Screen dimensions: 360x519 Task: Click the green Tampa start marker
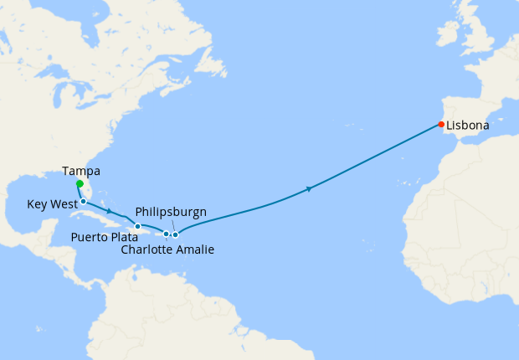(x=79, y=183)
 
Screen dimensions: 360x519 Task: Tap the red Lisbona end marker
(x=441, y=125)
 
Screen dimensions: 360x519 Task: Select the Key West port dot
(x=84, y=202)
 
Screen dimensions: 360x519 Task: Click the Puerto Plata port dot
(x=138, y=226)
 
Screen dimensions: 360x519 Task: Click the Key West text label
(x=51, y=203)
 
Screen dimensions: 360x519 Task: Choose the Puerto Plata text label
(x=104, y=237)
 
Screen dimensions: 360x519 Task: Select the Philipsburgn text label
(x=171, y=213)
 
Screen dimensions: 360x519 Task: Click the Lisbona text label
(x=467, y=126)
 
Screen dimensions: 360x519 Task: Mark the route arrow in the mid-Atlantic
(x=311, y=189)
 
